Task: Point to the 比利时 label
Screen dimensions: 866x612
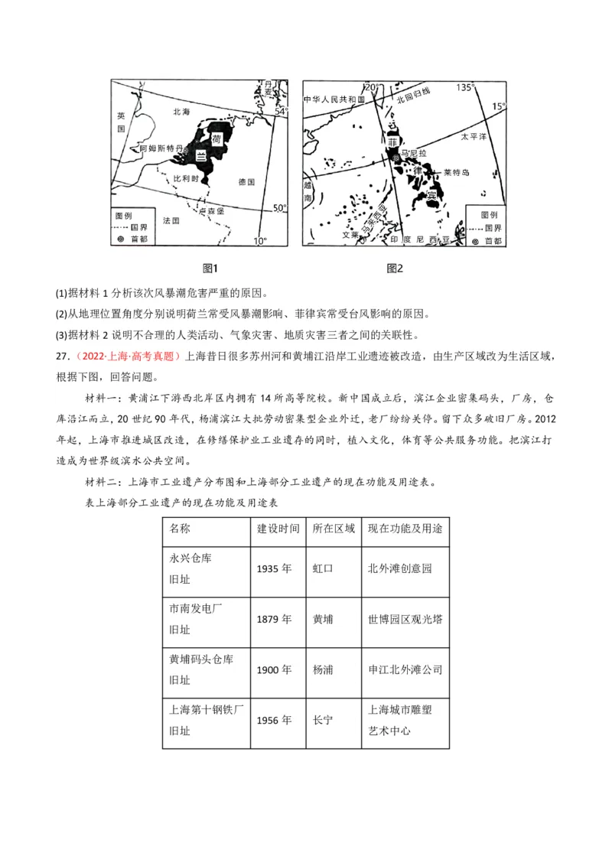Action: [186, 177]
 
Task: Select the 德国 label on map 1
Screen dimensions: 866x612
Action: [246, 181]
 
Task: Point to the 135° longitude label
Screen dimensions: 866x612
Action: [465, 87]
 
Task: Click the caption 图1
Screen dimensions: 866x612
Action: [210, 269]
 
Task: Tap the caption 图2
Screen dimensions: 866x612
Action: [395, 269]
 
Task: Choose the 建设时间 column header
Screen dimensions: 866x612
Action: [278, 529]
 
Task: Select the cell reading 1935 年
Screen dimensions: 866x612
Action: [275, 568]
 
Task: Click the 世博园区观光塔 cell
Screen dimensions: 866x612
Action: [405, 619]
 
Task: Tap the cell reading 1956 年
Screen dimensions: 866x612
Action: [275, 720]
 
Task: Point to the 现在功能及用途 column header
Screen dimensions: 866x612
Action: [405, 529]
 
